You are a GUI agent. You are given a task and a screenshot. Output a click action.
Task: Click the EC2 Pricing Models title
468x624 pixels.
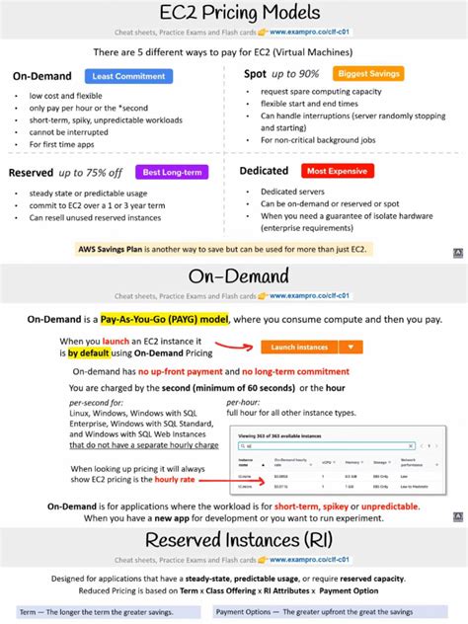(233, 14)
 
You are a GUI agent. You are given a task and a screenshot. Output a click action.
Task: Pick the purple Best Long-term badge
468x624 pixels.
(165, 172)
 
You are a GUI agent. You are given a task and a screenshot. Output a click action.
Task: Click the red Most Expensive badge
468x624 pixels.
(338, 172)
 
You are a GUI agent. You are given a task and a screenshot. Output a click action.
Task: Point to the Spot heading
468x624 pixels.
(256, 74)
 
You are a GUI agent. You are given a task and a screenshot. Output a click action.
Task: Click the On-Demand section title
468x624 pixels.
(233, 275)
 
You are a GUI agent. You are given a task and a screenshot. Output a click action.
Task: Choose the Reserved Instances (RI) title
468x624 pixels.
(233, 540)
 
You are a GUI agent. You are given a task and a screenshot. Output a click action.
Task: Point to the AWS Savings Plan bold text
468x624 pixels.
(117, 249)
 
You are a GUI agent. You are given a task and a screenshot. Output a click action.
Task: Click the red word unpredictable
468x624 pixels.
(380, 506)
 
